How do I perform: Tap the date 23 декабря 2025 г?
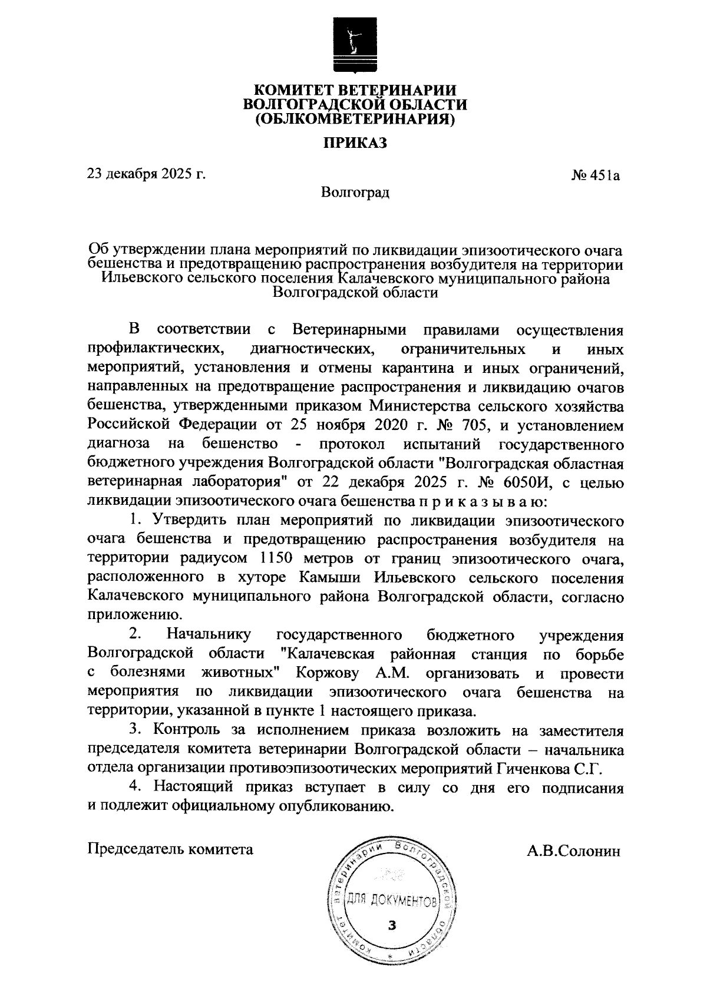click(147, 174)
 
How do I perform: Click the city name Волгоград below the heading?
click(355, 192)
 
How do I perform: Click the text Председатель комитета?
click(170, 849)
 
